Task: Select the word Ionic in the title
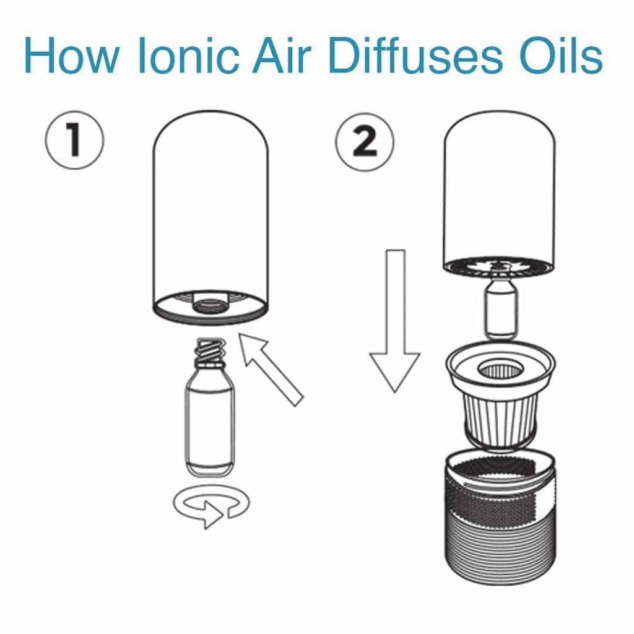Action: point(188,57)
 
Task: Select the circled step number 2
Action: point(365,141)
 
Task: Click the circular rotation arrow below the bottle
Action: point(211,506)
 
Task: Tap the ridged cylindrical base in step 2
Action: point(500,532)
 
